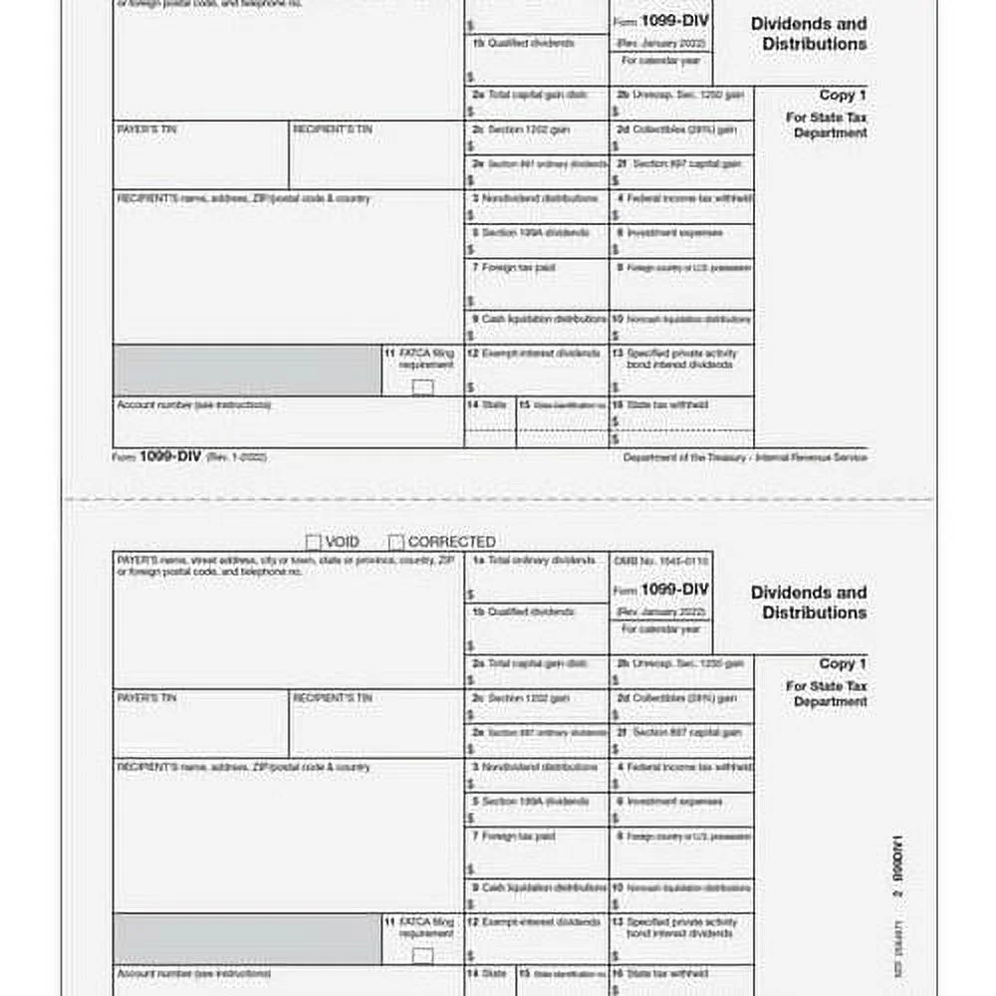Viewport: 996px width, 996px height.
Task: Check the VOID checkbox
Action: pos(313,543)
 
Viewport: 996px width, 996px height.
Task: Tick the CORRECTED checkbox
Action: pos(396,543)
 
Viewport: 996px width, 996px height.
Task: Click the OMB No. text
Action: pos(660,562)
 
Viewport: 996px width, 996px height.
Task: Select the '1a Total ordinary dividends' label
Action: pos(534,561)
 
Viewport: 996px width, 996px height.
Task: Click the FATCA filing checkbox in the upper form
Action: pos(423,387)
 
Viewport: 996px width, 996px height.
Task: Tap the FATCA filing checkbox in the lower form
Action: pos(423,956)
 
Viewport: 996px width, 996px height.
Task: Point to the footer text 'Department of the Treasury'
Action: pos(745,457)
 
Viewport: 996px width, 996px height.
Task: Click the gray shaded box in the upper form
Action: pos(247,370)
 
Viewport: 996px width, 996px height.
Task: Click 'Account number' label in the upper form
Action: pos(193,405)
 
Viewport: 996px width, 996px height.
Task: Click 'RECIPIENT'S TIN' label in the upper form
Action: pos(333,129)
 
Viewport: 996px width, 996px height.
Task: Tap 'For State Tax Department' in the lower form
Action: pos(826,693)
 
